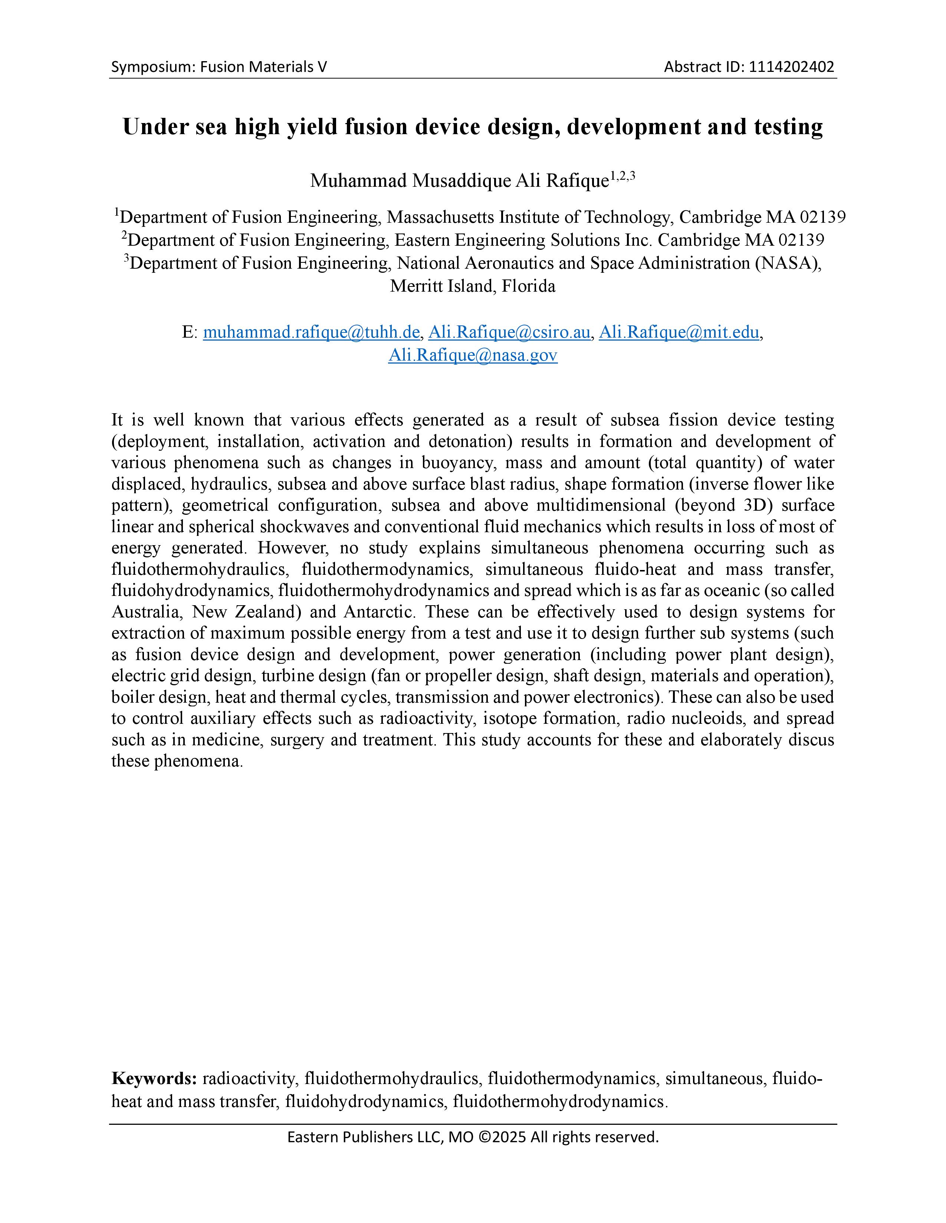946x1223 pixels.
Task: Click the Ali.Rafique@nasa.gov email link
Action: (x=472, y=355)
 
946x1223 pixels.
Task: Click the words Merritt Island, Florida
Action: (x=472, y=286)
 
